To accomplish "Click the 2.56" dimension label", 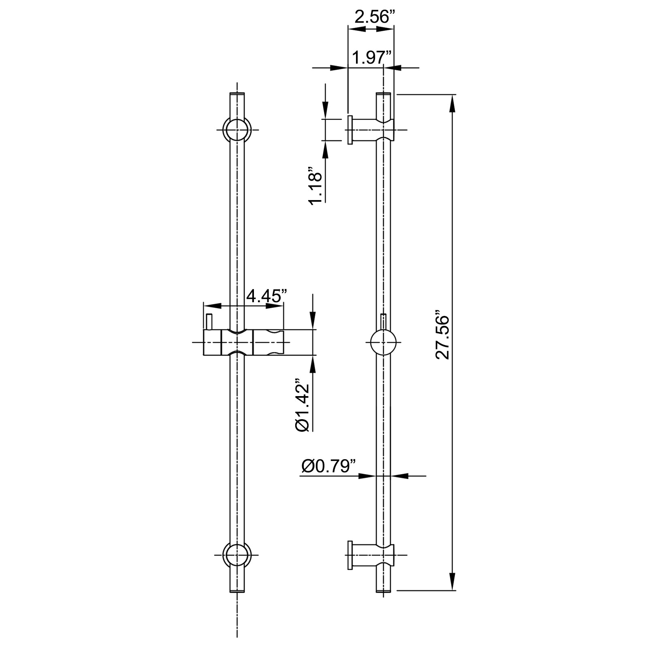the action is [x=374, y=17].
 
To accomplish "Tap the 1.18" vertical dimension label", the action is [x=315, y=185].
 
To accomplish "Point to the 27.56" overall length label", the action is [x=443, y=335].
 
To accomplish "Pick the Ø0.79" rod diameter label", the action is [x=328, y=466].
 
